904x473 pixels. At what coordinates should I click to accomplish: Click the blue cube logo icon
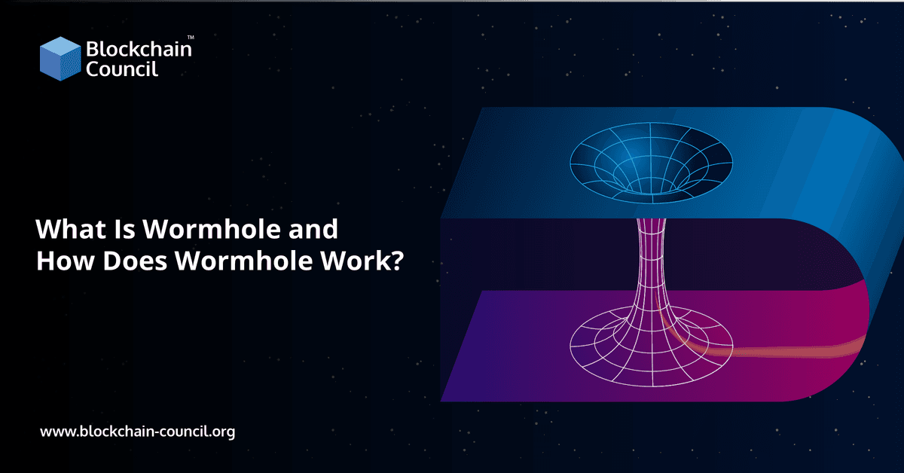coord(60,60)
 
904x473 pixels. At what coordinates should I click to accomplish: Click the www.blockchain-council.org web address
coord(137,432)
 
